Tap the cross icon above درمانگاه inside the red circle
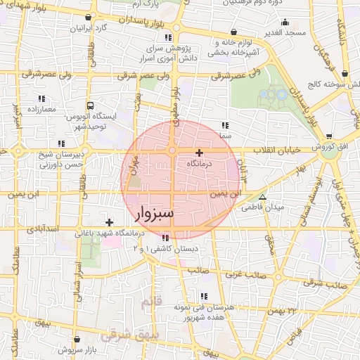[199, 153]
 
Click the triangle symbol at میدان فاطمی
[262, 198]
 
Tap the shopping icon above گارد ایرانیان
[87, 17]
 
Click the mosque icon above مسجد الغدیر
[233, 32]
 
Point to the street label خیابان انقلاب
[282, 150]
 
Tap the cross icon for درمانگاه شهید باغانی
[109, 222]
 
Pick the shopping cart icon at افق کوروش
[329, 136]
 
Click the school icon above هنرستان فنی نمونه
[203, 297]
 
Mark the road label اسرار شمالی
[79, 278]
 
